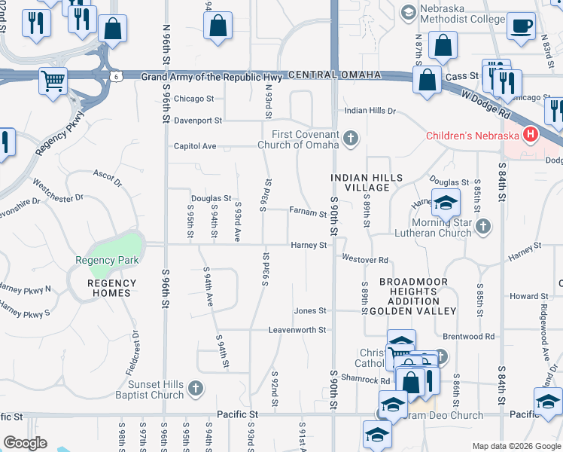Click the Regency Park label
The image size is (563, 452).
pyautogui.click(x=106, y=261)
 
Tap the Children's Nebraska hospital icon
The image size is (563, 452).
pyautogui.click(x=531, y=136)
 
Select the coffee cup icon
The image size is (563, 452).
pyautogui.click(x=520, y=26)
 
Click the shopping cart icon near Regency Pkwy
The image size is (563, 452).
pyautogui.click(x=53, y=81)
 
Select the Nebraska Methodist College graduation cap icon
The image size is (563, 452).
pyautogui.click(x=408, y=12)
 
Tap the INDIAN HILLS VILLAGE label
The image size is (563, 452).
pyautogui.click(x=367, y=183)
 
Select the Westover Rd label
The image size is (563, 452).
pyautogui.click(x=365, y=260)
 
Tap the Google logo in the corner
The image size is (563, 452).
pyautogui.click(x=25, y=443)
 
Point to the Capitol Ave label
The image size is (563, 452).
pyautogui.click(x=195, y=146)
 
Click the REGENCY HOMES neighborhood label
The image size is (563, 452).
pyautogui.click(x=112, y=289)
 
